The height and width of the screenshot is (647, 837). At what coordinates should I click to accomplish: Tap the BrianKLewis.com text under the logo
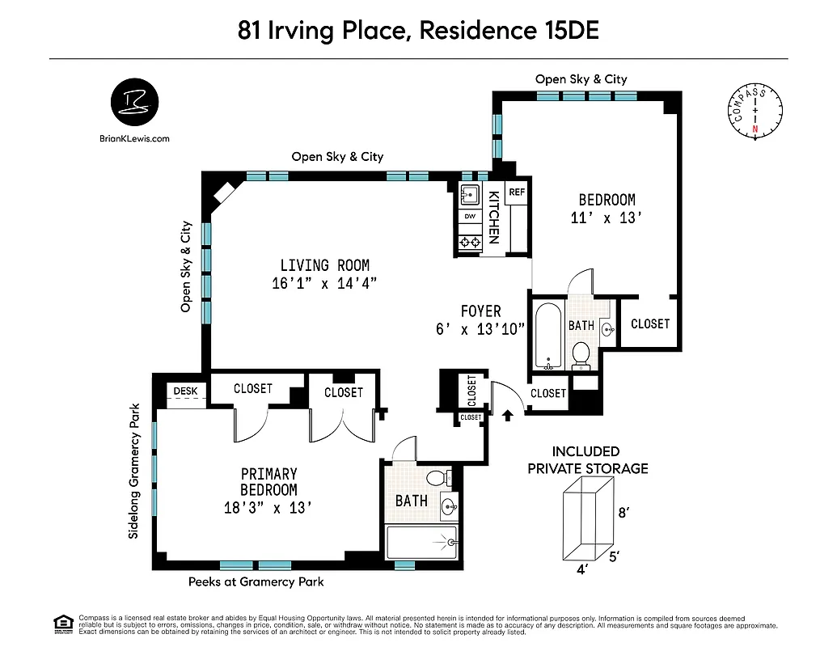coord(133,138)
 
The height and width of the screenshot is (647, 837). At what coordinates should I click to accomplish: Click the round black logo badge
coord(134,103)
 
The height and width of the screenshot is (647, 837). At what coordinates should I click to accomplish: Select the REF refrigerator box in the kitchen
coord(517,192)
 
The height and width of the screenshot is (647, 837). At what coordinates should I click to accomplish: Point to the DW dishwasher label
coord(469,217)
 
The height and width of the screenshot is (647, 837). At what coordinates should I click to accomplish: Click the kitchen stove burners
coord(469,240)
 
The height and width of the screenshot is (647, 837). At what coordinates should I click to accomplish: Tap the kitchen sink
coord(469,194)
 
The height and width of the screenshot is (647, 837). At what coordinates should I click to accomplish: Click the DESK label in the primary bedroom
coord(185,391)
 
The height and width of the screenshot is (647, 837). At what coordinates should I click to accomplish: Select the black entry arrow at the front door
coord(508,416)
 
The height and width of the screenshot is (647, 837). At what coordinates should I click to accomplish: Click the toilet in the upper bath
coord(581,354)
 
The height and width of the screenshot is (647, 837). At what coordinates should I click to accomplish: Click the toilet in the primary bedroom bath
coord(438,478)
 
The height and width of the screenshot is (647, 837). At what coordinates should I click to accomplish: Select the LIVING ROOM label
coord(324,265)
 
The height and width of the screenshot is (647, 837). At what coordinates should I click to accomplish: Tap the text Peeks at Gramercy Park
coord(256,581)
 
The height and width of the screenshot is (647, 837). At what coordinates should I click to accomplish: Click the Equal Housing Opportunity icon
coord(62,622)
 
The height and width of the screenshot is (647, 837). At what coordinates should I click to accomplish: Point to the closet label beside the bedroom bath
coord(650,323)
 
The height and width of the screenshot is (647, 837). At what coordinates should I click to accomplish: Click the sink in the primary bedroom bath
coord(448,508)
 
